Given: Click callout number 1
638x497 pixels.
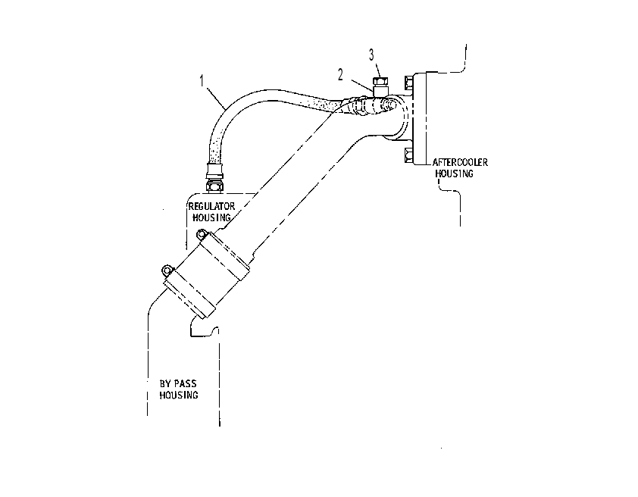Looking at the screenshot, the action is [202, 81].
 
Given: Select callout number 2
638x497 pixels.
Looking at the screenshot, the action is [340, 74].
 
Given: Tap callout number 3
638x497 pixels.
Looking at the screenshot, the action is [371, 55].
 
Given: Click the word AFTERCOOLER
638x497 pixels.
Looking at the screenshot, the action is [460, 162].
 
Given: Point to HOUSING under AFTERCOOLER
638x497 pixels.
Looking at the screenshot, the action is [454, 173].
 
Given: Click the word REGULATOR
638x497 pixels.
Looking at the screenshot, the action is [211, 206].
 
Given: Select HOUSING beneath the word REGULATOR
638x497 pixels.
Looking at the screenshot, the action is [211, 217].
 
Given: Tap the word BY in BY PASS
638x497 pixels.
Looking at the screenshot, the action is [165, 383].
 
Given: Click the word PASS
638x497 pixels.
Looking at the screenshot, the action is [185, 383].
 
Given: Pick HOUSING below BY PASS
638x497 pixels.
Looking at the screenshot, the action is [179, 395].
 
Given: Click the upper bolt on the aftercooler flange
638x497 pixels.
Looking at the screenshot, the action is [408, 83].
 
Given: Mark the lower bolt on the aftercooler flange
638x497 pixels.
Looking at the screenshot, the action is [408, 155].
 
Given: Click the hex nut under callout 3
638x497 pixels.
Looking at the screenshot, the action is [380, 81].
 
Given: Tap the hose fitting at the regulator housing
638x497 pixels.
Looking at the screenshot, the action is [215, 177].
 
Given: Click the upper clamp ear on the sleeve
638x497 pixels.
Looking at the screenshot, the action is [202, 233].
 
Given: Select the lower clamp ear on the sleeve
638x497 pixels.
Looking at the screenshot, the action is [167, 269].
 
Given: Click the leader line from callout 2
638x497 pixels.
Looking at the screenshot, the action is [361, 86].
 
